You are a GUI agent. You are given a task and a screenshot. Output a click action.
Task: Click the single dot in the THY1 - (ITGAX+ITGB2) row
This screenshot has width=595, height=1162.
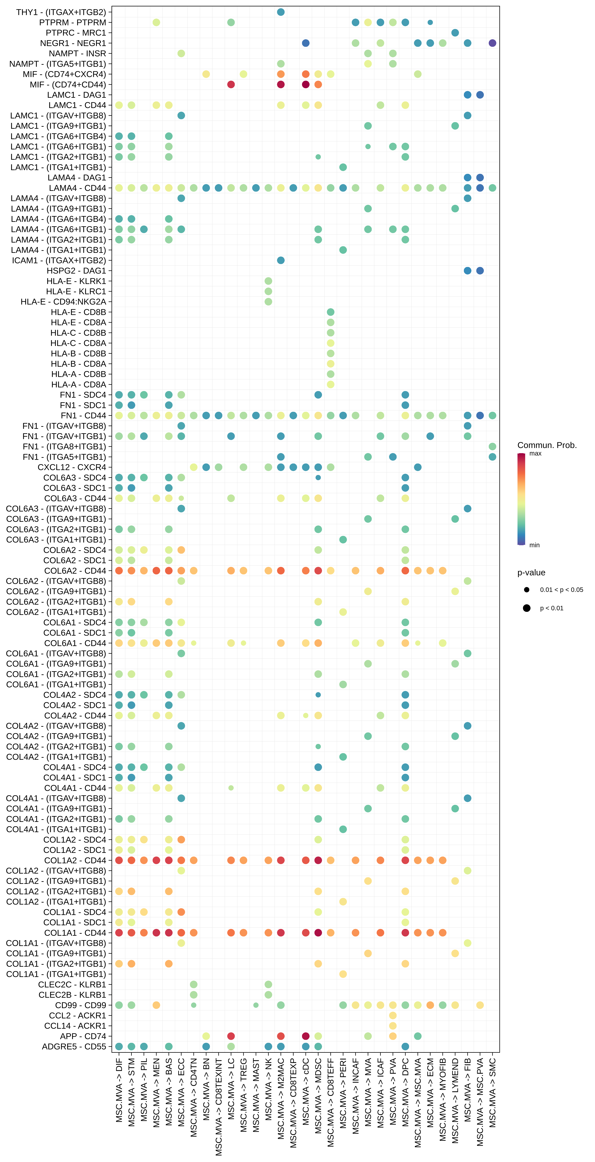click(x=280, y=12)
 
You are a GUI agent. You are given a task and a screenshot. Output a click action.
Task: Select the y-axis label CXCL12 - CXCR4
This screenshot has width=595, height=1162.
click(x=72, y=467)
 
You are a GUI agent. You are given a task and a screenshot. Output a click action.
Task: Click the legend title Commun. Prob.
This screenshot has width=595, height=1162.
click(x=547, y=445)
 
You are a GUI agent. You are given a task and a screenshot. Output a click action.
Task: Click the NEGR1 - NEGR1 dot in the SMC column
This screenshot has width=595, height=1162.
click(x=492, y=43)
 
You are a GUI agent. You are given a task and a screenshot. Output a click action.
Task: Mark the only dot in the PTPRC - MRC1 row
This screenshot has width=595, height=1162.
click(x=455, y=33)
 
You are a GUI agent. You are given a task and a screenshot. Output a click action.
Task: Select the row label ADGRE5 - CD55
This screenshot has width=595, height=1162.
click(x=74, y=1046)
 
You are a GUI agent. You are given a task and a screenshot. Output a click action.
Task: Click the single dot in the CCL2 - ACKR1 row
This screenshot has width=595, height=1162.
click(x=393, y=1015)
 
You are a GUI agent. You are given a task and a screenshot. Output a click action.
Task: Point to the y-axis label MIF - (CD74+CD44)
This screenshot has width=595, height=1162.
click(x=68, y=85)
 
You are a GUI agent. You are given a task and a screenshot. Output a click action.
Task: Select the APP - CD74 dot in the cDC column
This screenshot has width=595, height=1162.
click(x=306, y=1036)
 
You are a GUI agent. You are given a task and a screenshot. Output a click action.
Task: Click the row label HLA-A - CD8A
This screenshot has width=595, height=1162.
click(x=79, y=385)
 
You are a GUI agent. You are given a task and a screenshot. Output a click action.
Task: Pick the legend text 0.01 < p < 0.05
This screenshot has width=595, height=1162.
click(x=561, y=590)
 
